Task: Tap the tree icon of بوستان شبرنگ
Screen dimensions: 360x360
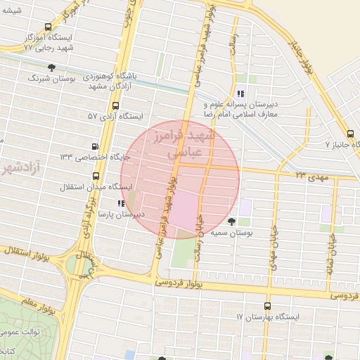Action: [51, 67]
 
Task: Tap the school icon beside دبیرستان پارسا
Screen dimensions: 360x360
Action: [122, 202]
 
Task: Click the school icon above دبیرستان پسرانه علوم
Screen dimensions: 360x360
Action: [240, 93]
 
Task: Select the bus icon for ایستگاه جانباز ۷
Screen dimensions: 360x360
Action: [351, 133]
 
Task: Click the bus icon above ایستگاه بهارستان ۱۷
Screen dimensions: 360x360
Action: [266, 306]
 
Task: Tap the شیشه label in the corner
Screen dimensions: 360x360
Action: [12, 9]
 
